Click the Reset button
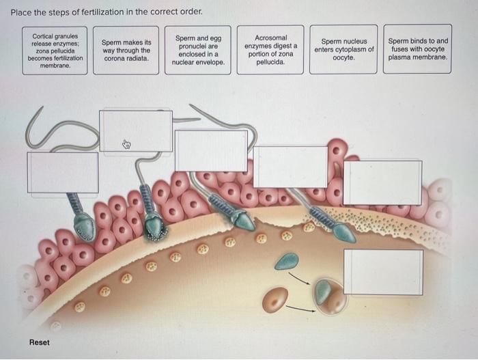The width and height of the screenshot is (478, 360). pyautogui.click(x=39, y=342)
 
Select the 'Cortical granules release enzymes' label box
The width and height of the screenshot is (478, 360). pyautogui.click(x=54, y=50)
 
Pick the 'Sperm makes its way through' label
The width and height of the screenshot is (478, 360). pyautogui.click(x=126, y=50)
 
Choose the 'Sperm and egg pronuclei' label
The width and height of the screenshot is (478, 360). pyautogui.click(x=198, y=50)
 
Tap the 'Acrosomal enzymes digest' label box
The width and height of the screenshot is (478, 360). pyautogui.click(x=270, y=50)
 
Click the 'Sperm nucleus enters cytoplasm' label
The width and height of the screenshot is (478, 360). pyautogui.click(x=343, y=50)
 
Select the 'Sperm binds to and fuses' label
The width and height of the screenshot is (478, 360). pyautogui.click(x=418, y=50)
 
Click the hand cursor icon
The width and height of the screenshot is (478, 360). pyautogui.click(x=126, y=144)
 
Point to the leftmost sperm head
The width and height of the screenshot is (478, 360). pyautogui.click(x=85, y=227)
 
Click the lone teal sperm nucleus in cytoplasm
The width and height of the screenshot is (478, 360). pyautogui.click(x=286, y=261)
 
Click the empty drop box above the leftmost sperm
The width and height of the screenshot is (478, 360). pyautogui.click(x=63, y=172)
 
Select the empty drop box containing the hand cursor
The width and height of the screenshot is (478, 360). pyautogui.click(x=135, y=130)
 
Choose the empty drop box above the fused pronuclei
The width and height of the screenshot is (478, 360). pyautogui.click(x=383, y=272)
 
